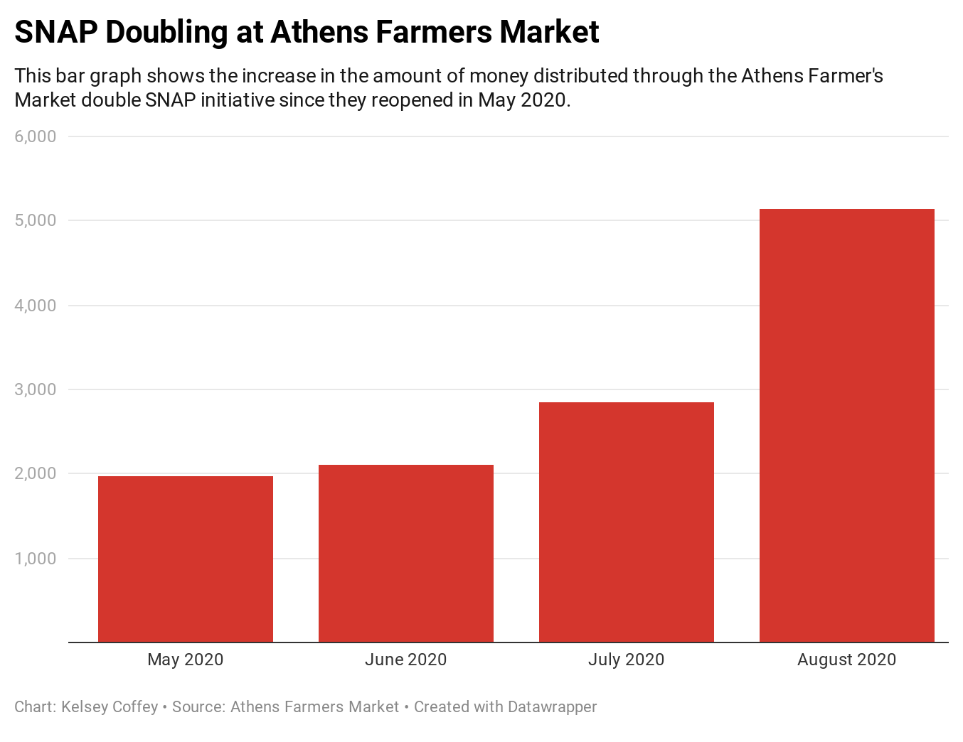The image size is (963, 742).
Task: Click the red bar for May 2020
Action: point(185,559)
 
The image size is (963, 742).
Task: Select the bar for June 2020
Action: point(405,553)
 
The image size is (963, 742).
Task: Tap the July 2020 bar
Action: point(626,522)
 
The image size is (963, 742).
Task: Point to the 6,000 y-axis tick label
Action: point(36,136)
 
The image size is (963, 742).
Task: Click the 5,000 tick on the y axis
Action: point(36,221)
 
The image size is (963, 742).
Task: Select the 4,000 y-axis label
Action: point(36,306)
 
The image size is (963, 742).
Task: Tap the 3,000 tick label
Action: point(36,389)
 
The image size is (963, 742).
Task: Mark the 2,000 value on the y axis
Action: point(36,474)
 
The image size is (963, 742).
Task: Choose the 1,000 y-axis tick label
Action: point(36,559)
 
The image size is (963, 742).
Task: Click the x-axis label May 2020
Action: point(185,660)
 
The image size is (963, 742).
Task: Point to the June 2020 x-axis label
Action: point(405,660)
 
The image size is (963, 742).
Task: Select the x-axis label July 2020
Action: point(626,660)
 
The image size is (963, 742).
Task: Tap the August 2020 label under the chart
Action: point(846,660)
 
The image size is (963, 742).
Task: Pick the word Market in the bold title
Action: point(548,32)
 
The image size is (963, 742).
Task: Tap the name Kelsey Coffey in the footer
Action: point(110,707)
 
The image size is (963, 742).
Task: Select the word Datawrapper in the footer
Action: point(552,707)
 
